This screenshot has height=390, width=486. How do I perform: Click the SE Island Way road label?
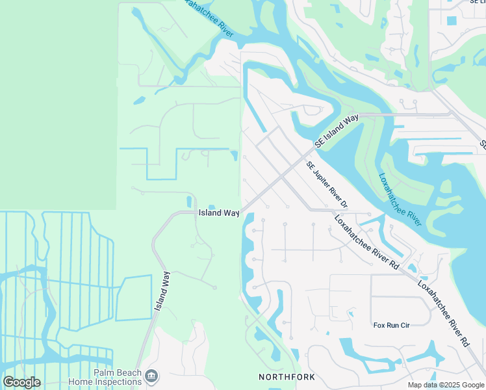(337, 131)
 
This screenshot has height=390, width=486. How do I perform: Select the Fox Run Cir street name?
(391, 325)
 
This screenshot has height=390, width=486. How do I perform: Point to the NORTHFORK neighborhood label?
(287, 377)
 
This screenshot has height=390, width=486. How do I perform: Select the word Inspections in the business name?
(120, 382)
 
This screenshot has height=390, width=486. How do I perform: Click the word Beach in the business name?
(129, 373)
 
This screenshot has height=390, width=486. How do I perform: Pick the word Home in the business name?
(82, 382)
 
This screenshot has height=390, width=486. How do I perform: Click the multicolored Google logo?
(21, 382)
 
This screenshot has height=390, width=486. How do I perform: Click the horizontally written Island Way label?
(219, 213)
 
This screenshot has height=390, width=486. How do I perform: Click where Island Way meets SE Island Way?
(241, 212)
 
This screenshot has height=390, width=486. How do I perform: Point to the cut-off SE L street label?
(476, 3)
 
